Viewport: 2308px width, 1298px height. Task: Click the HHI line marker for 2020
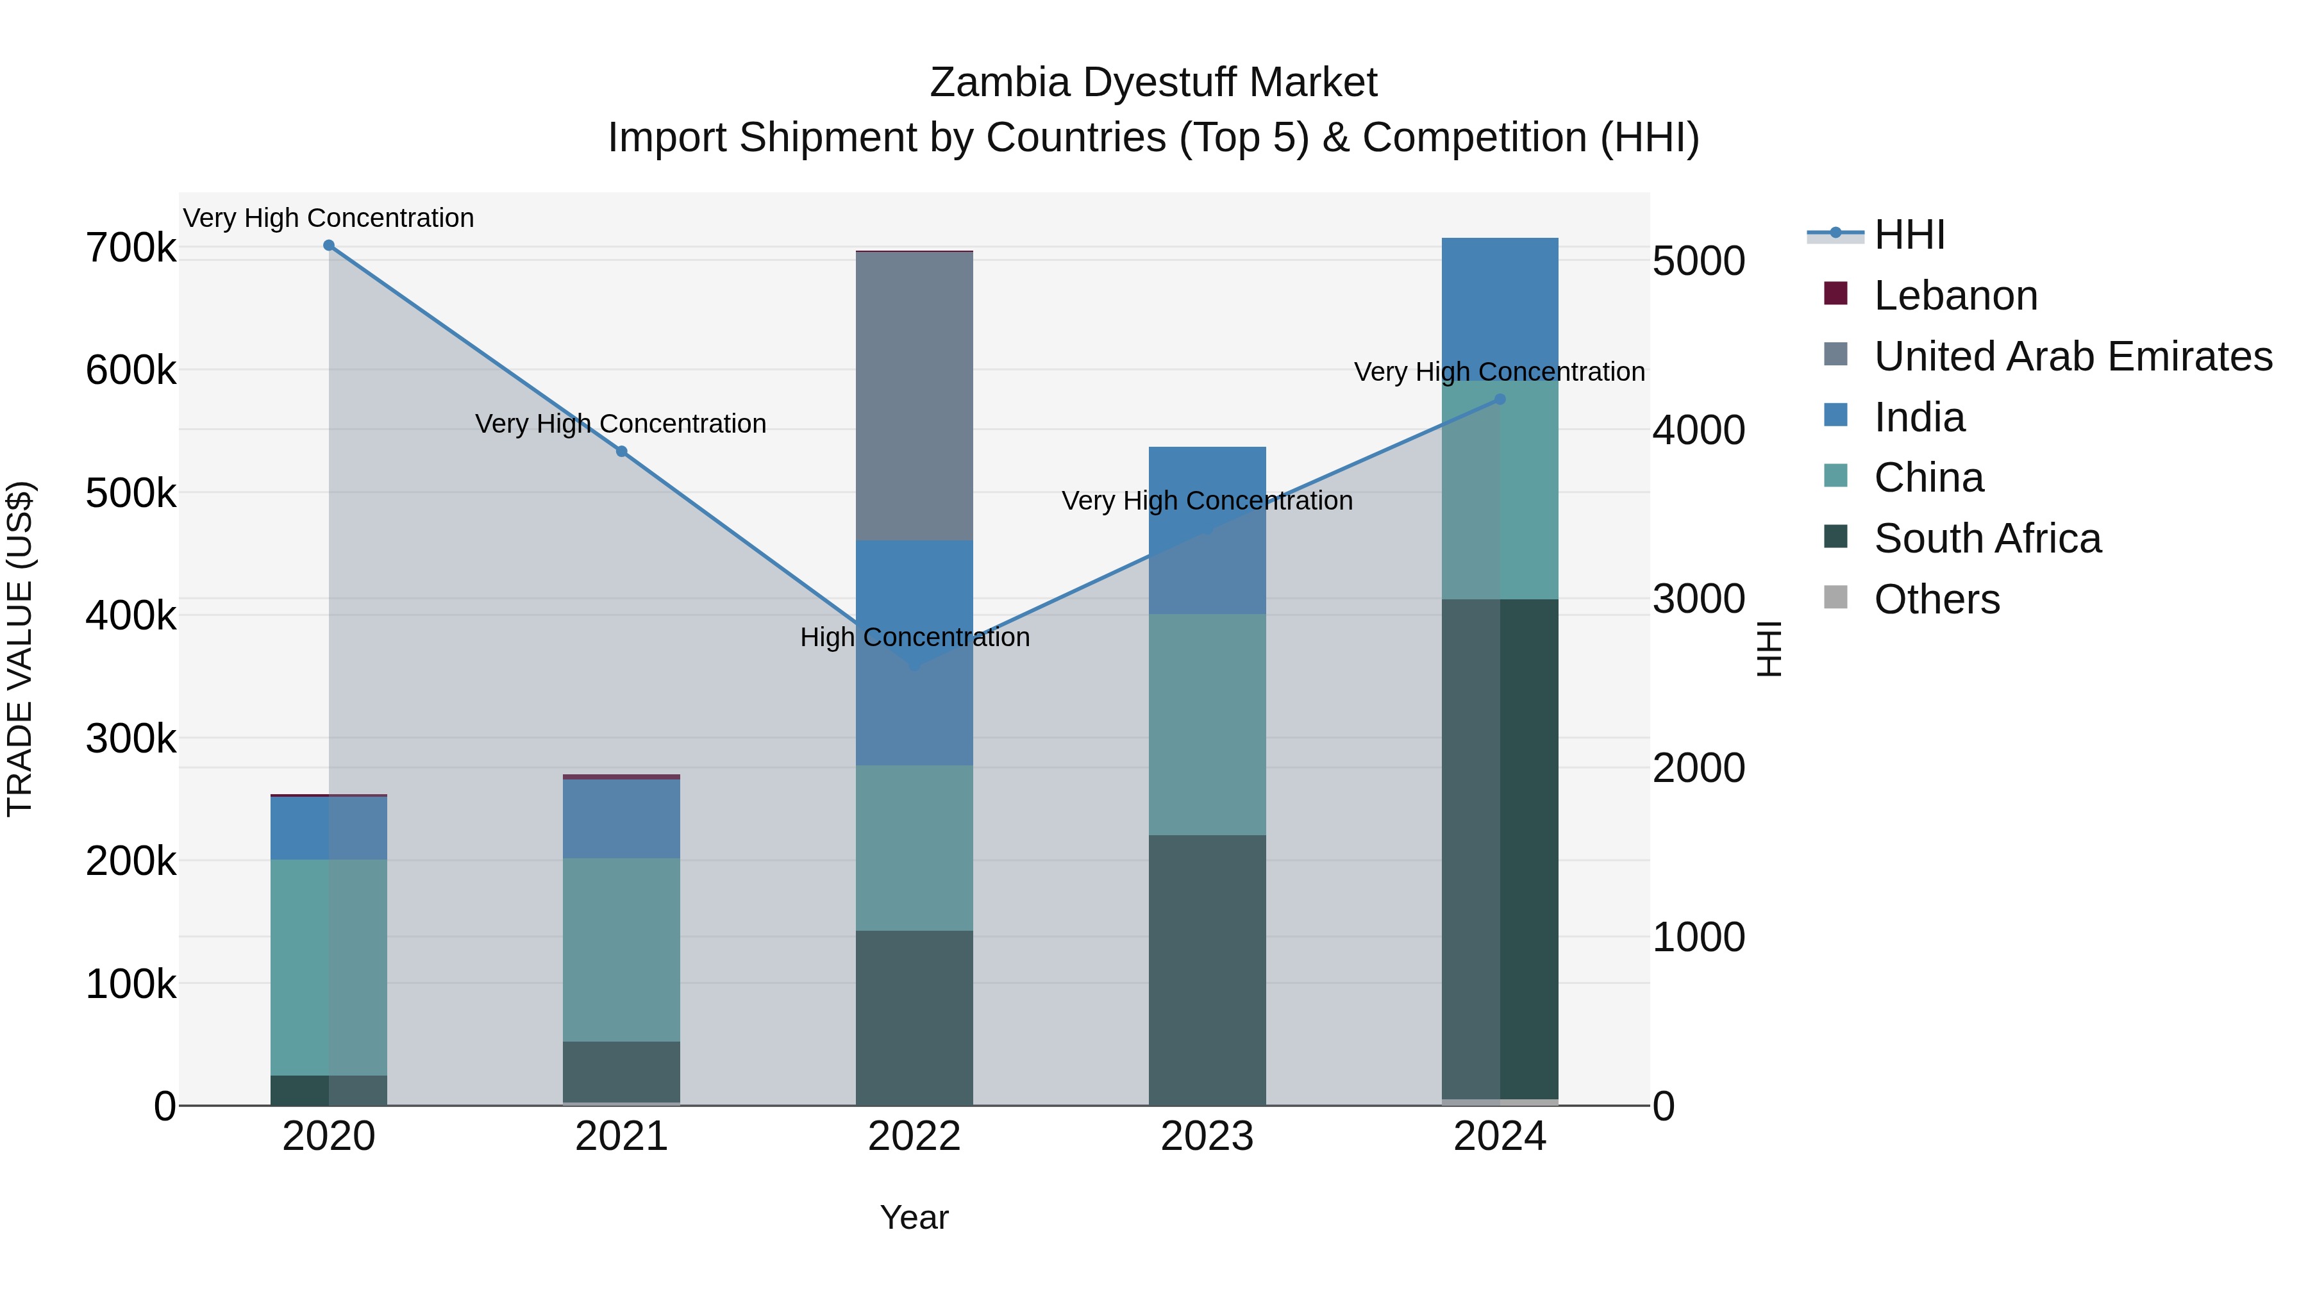coord(329,245)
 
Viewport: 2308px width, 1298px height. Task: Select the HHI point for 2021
coord(622,451)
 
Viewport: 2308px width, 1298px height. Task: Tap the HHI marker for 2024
coord(1500,399)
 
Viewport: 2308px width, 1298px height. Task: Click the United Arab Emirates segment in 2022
coord(914,396)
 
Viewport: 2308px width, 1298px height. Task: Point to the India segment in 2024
coord(1500,309)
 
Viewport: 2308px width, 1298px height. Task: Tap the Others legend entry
coord(1936,599)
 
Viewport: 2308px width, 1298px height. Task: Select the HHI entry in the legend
coord(1909,235)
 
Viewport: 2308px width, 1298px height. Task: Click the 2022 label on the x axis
coord(914,1136)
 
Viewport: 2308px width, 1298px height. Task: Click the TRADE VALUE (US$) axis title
coord(21,649)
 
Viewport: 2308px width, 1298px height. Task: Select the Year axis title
coord(914,1217)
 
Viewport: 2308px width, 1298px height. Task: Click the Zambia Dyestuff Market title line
coord(1153,83)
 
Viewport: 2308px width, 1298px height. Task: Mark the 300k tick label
coord(131,739)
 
